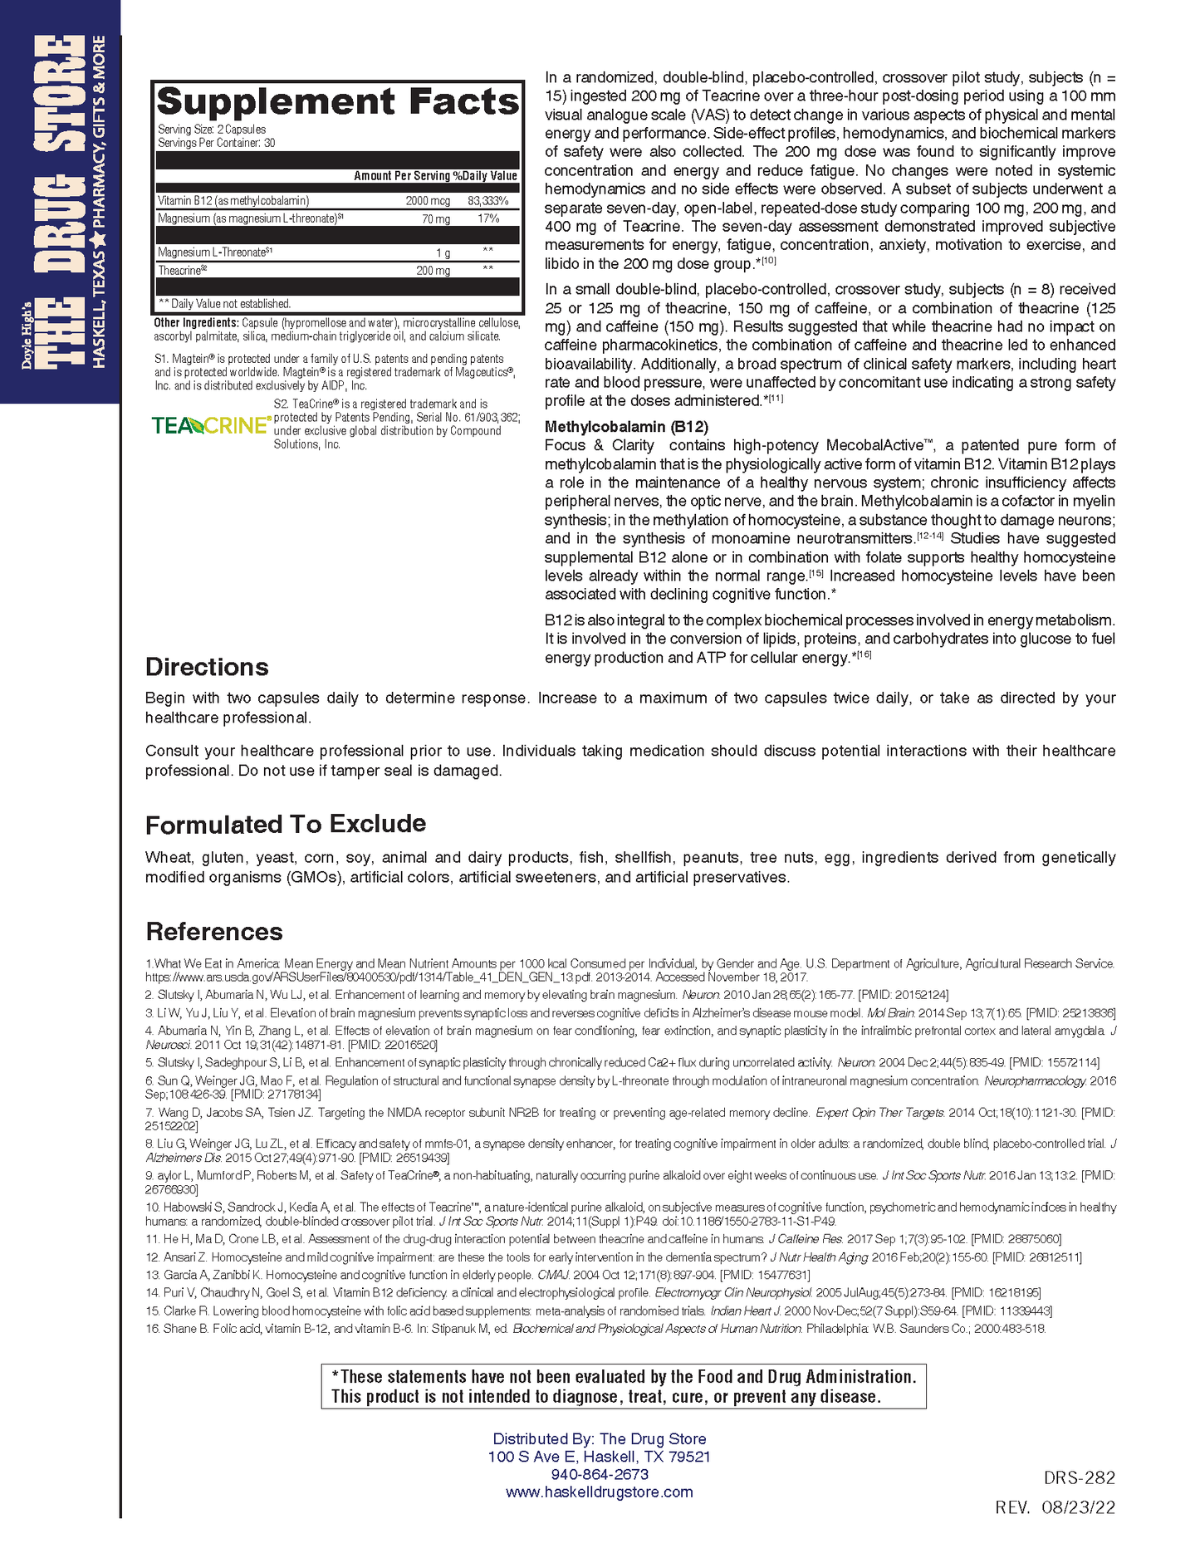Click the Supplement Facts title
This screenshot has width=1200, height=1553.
coord(337,102)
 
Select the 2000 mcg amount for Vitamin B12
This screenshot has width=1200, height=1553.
coord(428,201)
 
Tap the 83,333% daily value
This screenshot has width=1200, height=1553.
coord(487,201)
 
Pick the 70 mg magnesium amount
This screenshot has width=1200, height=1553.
coord(436,219)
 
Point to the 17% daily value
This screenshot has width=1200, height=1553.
coord(488,218)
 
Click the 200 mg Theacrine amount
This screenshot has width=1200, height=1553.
coord(433,271)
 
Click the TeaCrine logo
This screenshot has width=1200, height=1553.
coord(211,425)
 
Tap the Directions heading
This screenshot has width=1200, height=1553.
coord(207,667)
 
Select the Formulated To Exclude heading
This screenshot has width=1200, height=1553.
coord(285,824)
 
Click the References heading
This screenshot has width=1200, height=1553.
coord(213,931)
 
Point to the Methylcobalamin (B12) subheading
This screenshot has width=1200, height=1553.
coord(626,427)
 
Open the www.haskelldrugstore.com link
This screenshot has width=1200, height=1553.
coord(599,1492)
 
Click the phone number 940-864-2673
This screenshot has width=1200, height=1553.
coord(599,1474)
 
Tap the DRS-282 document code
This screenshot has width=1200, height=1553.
coord(1079,1478)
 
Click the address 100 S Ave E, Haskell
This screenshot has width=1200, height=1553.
coord(599,1457)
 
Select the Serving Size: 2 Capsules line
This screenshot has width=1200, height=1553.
coord(212,130)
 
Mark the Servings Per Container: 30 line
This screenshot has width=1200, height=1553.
coord(216,143)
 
